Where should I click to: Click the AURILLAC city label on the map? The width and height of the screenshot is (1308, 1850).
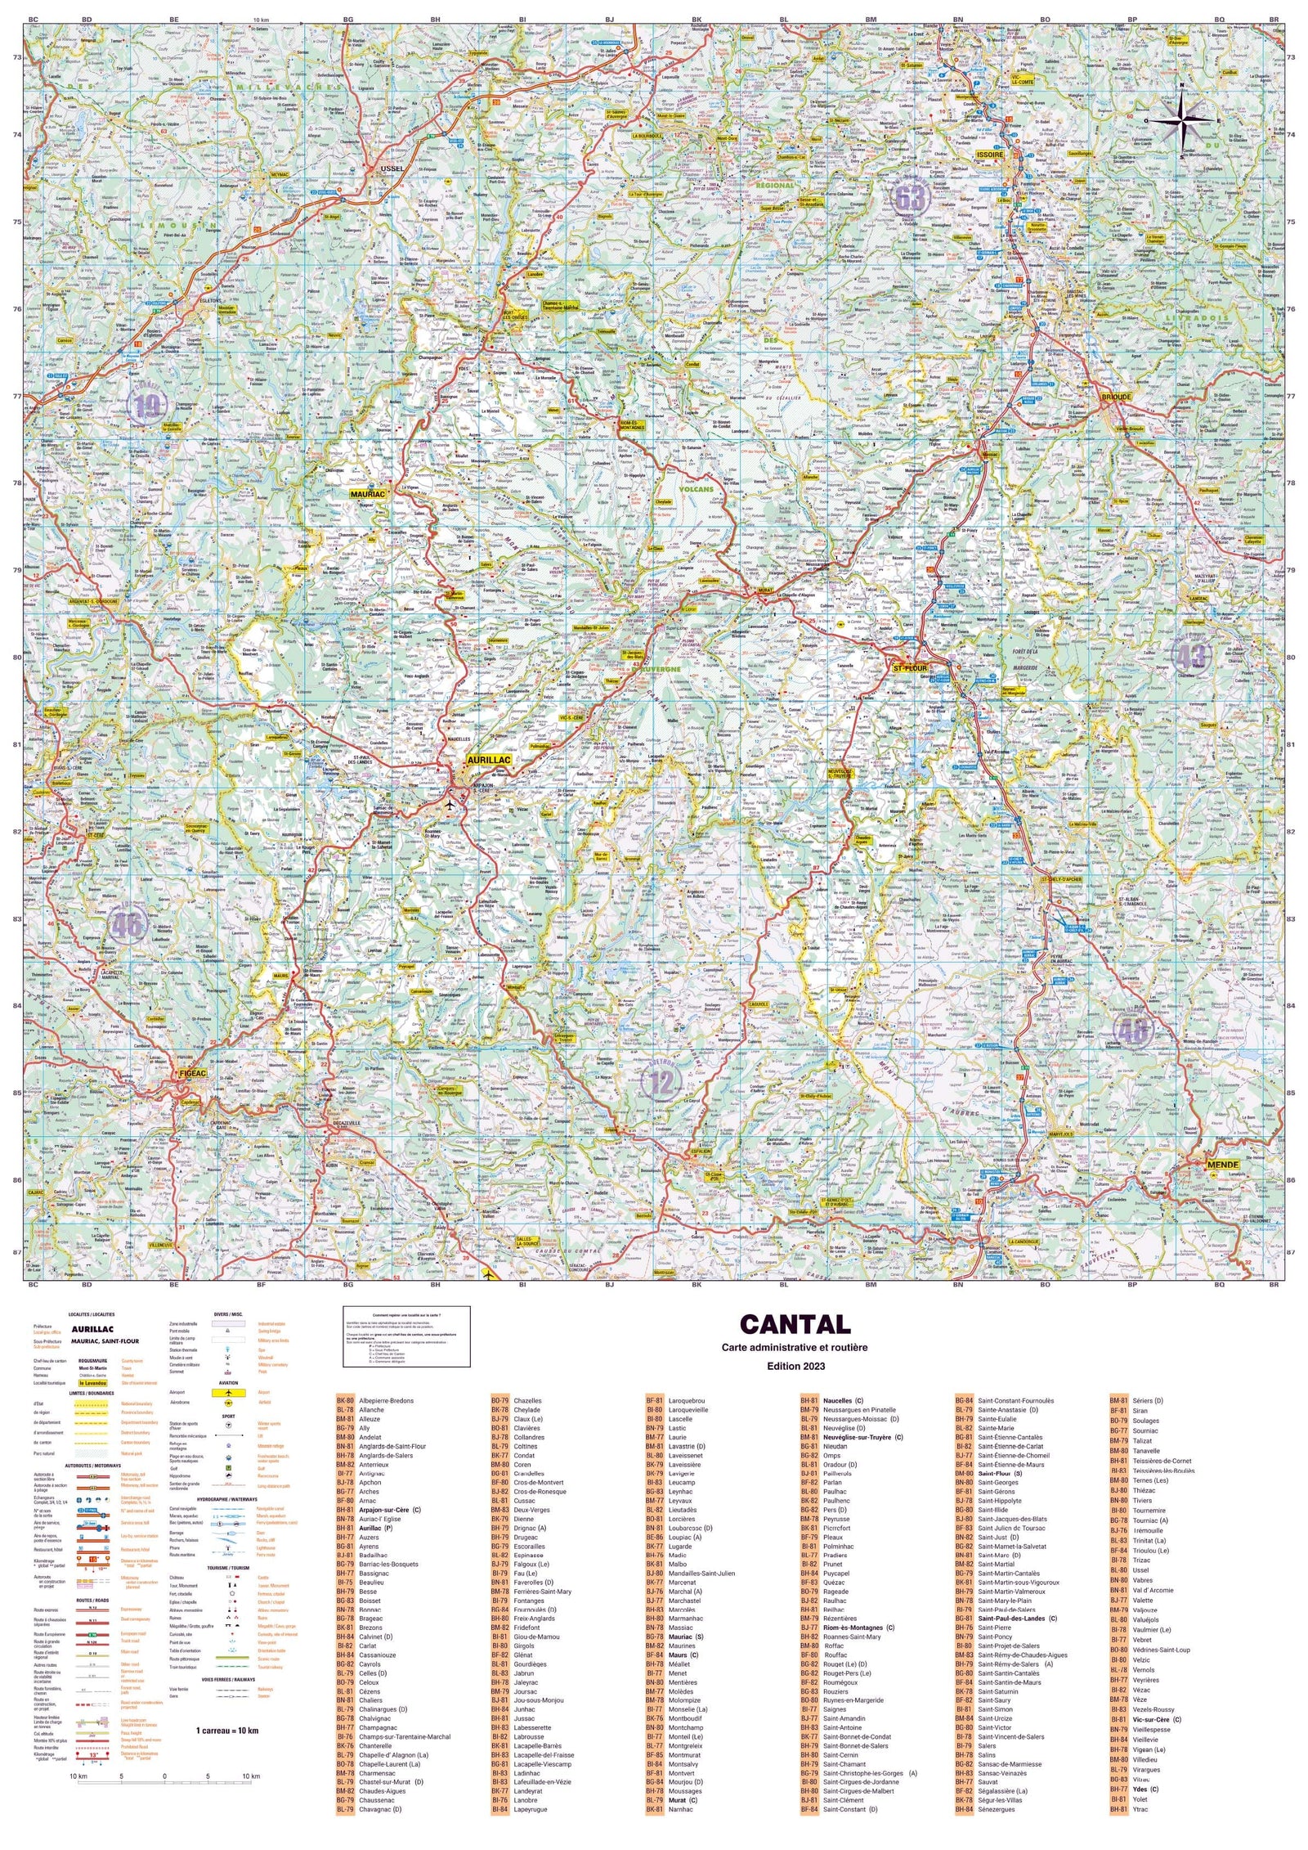pos(488,760)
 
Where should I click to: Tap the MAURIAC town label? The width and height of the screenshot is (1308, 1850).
pos(367,494)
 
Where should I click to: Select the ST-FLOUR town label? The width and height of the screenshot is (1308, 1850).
pos(908,667)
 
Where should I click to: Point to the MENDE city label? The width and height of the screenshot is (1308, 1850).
pos(1223,1164)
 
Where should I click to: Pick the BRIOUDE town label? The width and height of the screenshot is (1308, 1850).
pos(1117,397)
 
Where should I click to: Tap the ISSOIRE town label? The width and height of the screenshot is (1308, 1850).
pos(990,154)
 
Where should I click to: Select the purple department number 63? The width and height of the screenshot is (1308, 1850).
pos(910,197)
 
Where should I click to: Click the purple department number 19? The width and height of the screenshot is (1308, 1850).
pos(148,406)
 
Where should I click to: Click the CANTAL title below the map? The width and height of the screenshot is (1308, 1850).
pos(795,1324)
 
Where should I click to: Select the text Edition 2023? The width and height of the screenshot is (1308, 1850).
pos(795,1365)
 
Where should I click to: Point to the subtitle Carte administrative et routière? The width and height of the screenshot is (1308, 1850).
pos(795,1347)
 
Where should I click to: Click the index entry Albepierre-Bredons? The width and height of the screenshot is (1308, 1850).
pos(386,1401)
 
